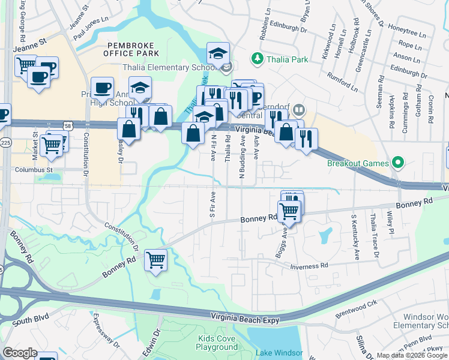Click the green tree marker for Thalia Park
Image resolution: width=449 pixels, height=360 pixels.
258,58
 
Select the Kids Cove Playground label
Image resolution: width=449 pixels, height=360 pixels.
217,343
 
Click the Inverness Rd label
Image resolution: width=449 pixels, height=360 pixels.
309,266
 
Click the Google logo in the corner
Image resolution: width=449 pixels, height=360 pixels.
20,352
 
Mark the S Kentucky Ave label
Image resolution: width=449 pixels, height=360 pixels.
355,243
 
